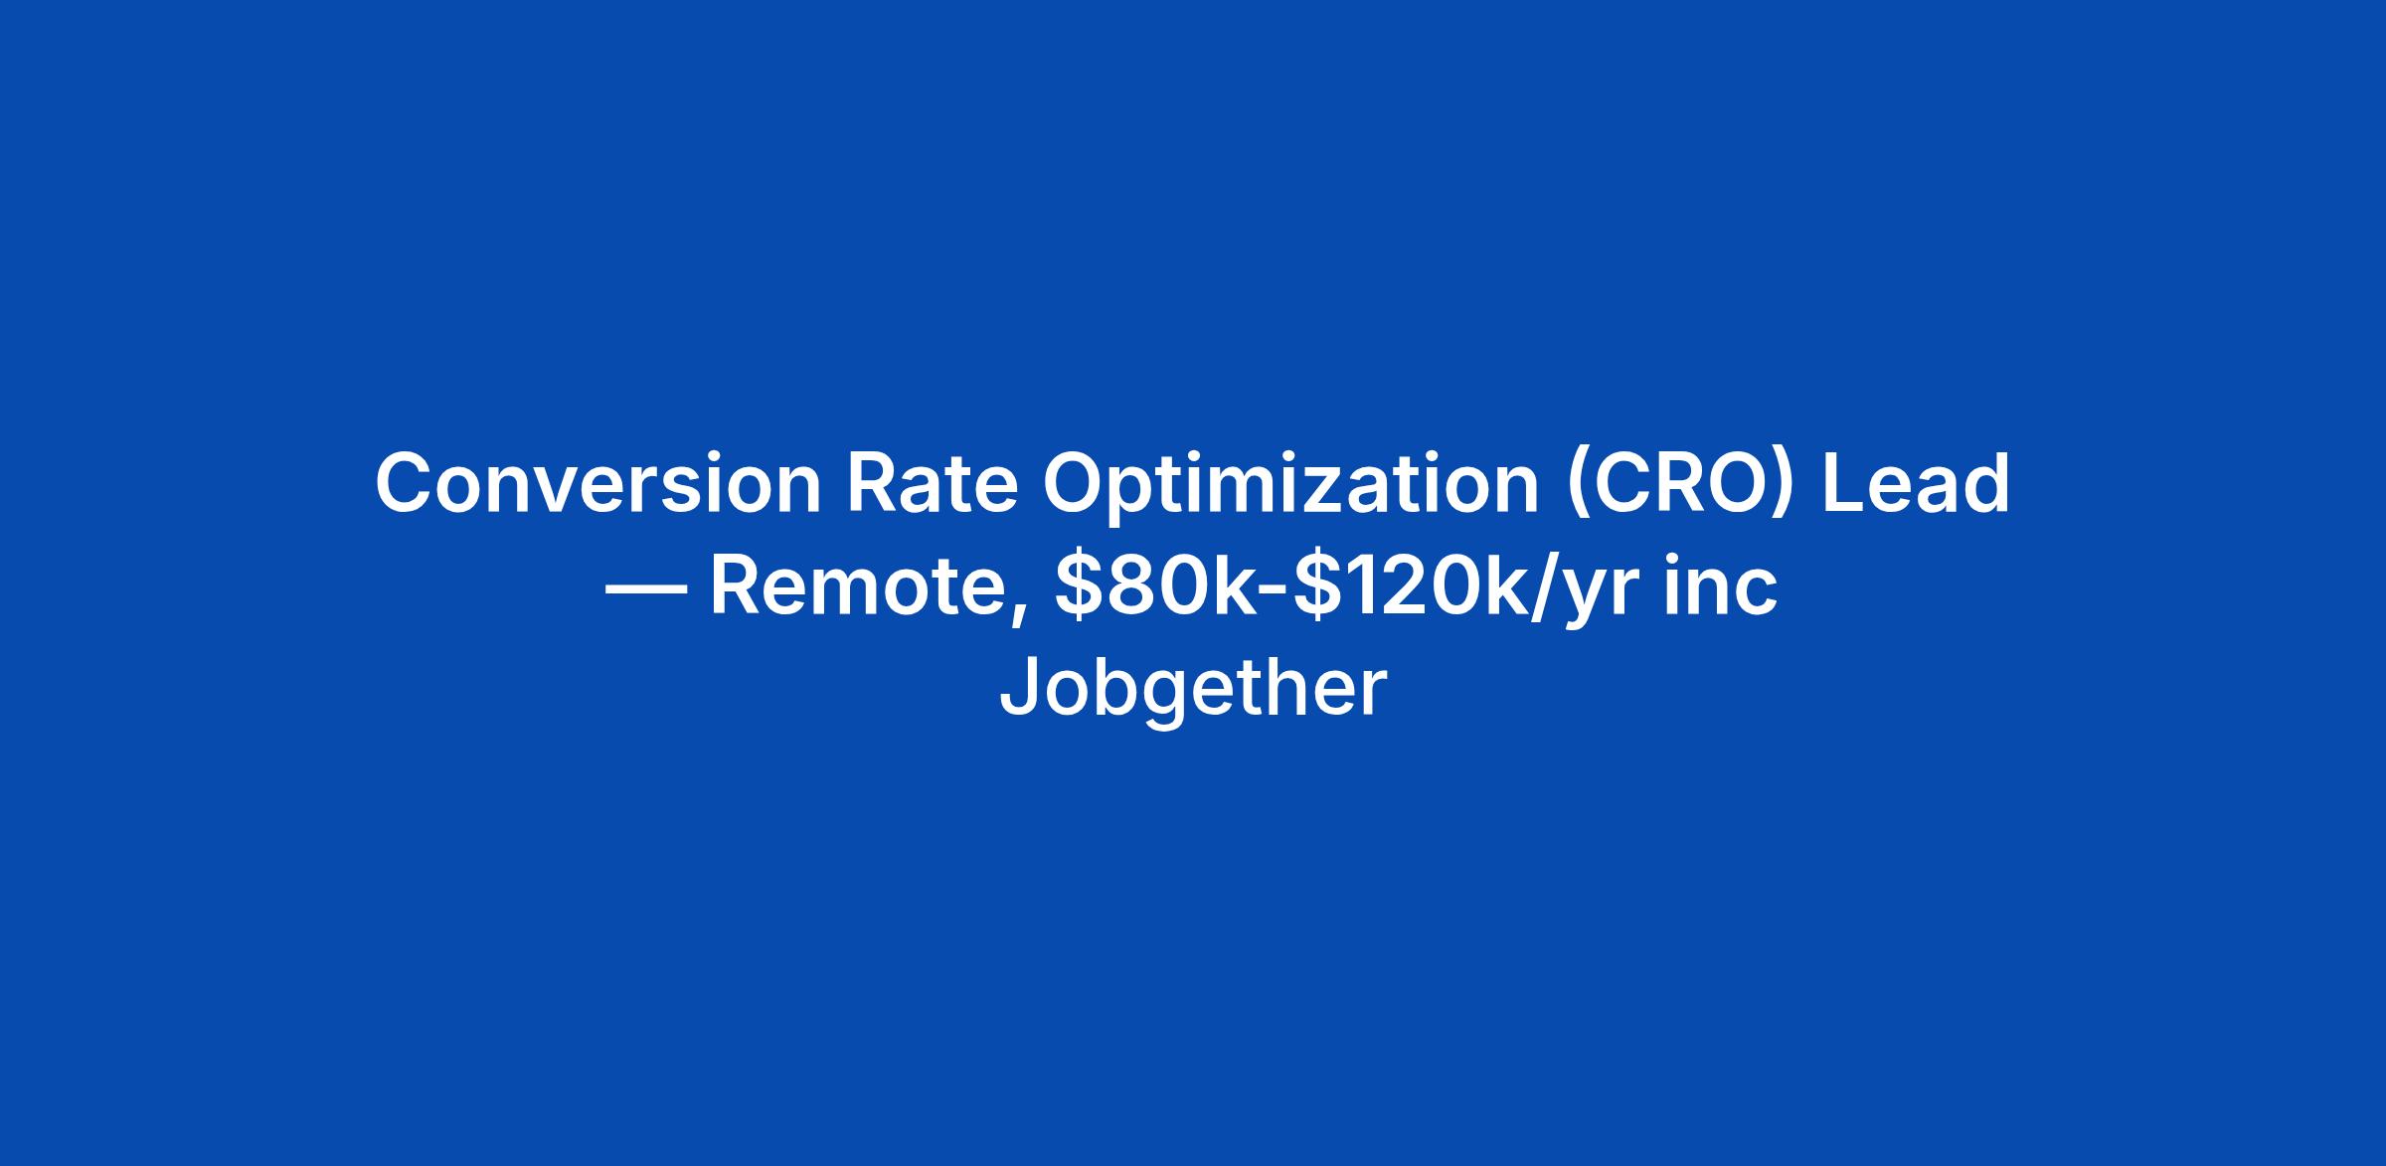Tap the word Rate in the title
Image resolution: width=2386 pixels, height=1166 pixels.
932,483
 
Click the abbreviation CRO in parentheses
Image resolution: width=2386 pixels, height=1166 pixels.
1681,483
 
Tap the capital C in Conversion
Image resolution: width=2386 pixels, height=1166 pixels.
407,483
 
